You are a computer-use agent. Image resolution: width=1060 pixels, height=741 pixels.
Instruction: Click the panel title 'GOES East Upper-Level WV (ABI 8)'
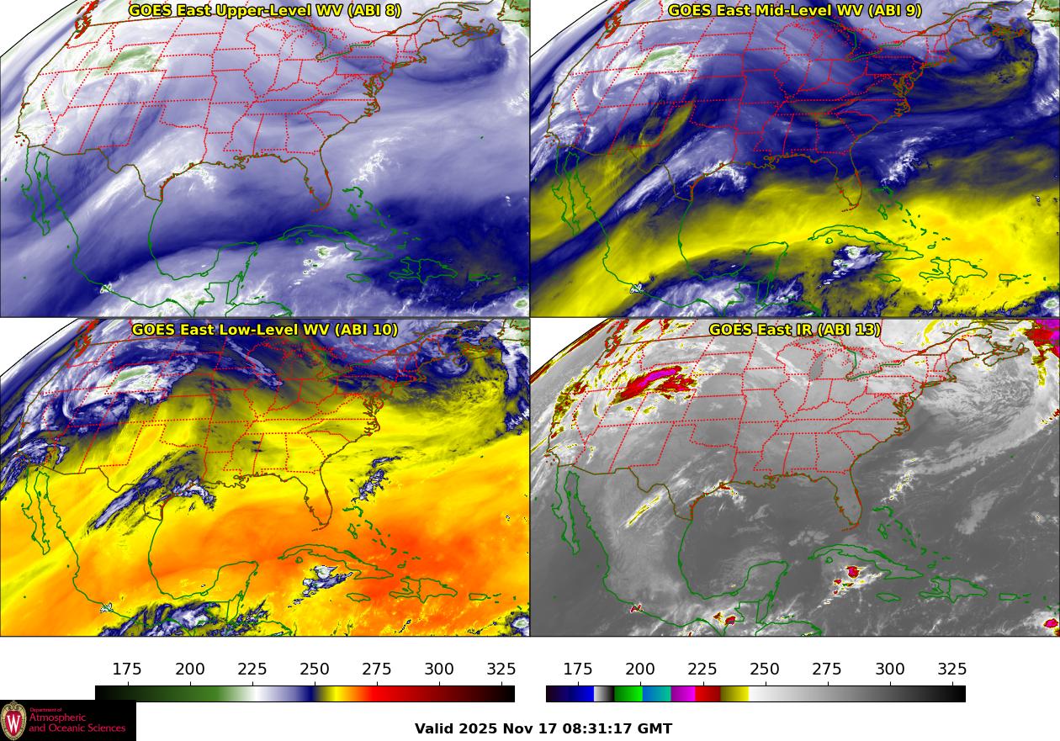coord(265,11)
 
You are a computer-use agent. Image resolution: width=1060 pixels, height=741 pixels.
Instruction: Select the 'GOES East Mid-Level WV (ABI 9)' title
coord(795,11)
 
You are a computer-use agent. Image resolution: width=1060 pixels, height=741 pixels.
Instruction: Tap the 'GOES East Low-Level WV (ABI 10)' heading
coord(265,329)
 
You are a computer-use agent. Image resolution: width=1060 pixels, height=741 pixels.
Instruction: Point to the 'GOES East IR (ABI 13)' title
coord(795,329)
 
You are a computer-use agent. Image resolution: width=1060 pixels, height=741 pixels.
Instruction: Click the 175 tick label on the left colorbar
coord(127,670)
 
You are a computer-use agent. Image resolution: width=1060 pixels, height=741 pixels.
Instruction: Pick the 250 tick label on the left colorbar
coord(315,670)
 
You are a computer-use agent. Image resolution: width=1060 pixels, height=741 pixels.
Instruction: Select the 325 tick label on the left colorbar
coord(501,670)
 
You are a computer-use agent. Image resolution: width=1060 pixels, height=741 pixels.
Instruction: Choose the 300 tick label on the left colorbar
coord(439,670)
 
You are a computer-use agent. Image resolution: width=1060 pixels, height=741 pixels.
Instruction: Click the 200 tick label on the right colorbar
coord(640,670)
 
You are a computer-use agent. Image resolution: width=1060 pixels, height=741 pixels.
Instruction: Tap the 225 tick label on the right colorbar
coord(702,670)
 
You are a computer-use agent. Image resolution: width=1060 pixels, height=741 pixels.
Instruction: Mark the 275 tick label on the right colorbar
coord(827,670)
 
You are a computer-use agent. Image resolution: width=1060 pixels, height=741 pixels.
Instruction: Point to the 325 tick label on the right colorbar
coord(952,670)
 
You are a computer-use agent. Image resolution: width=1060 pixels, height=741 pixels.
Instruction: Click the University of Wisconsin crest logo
coord(14,721)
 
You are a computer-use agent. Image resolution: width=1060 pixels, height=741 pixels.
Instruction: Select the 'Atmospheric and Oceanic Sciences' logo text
coord(77,722)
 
